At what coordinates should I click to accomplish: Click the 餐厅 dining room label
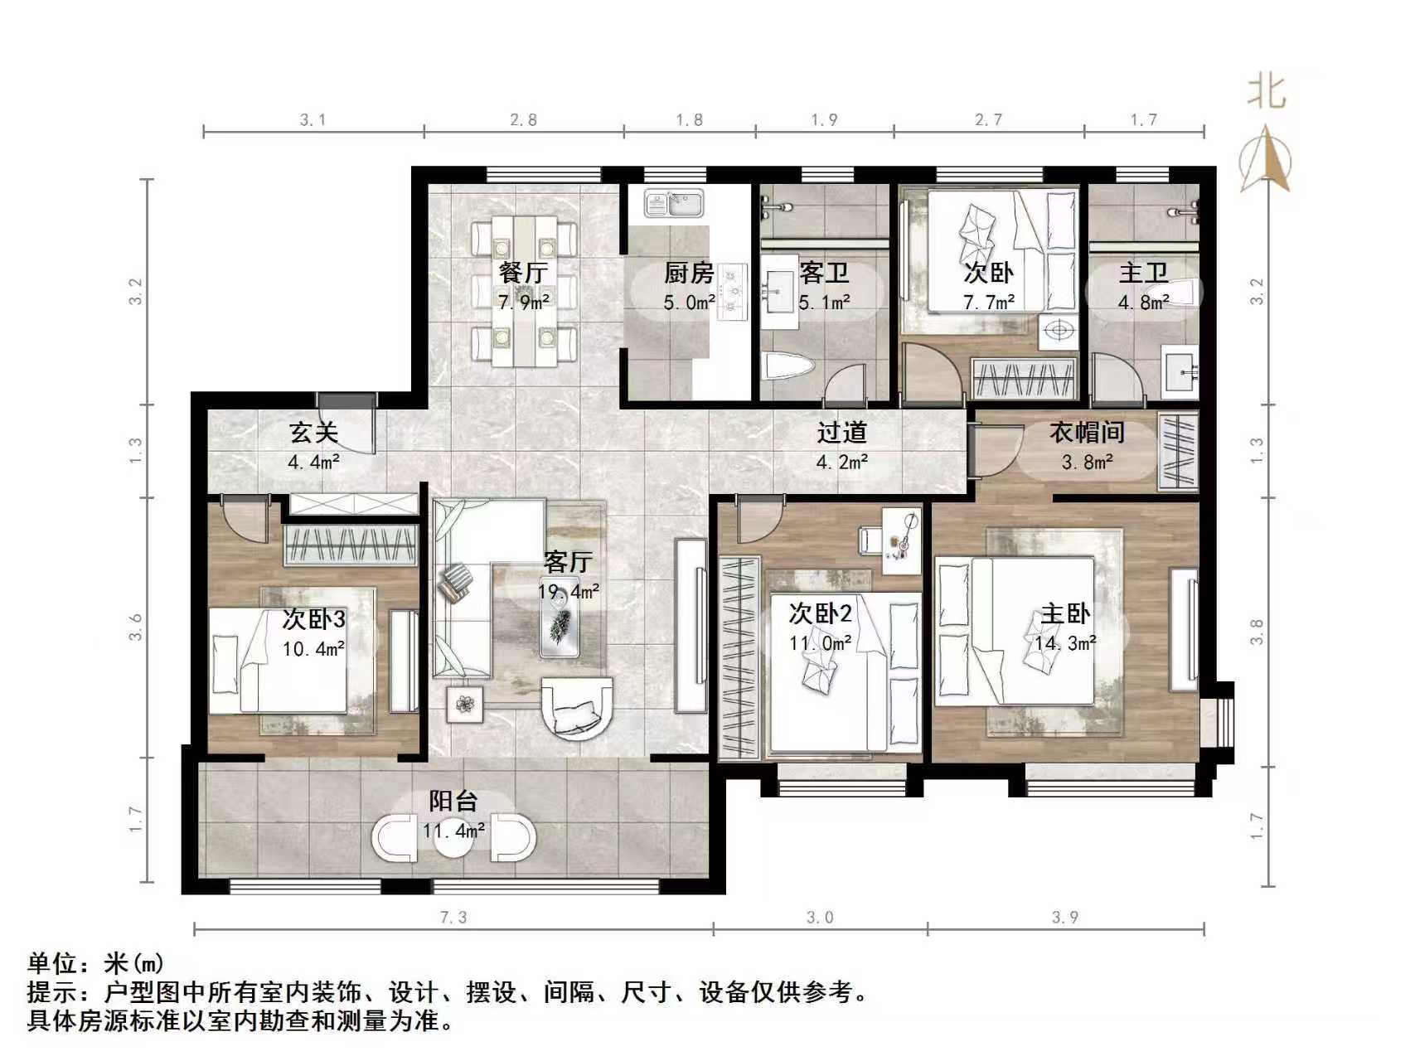pos(523,272)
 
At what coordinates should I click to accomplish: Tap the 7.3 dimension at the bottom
pos(453,917)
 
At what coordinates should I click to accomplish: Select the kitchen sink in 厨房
pos(674,202)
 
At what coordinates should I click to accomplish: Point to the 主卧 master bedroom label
pos(1065,614)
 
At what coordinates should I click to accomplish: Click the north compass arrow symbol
pos(1266,159)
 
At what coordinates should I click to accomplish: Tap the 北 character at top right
pos(1267,91)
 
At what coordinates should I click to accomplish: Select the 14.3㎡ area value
pos(1065,642)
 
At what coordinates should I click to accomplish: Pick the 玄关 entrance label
pos(313,433)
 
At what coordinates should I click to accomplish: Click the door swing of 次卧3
pos(245,518)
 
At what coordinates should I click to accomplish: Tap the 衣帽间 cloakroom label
pos(1087,433)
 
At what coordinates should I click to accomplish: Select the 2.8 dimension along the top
pos(523,120)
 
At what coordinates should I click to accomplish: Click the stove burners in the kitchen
pos(732,291)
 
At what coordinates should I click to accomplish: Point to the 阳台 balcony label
pos(453,801)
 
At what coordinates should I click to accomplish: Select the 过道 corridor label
pos(841,433)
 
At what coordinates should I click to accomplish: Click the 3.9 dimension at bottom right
pos(1064,917)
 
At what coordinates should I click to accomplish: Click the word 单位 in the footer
pos(52,963)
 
